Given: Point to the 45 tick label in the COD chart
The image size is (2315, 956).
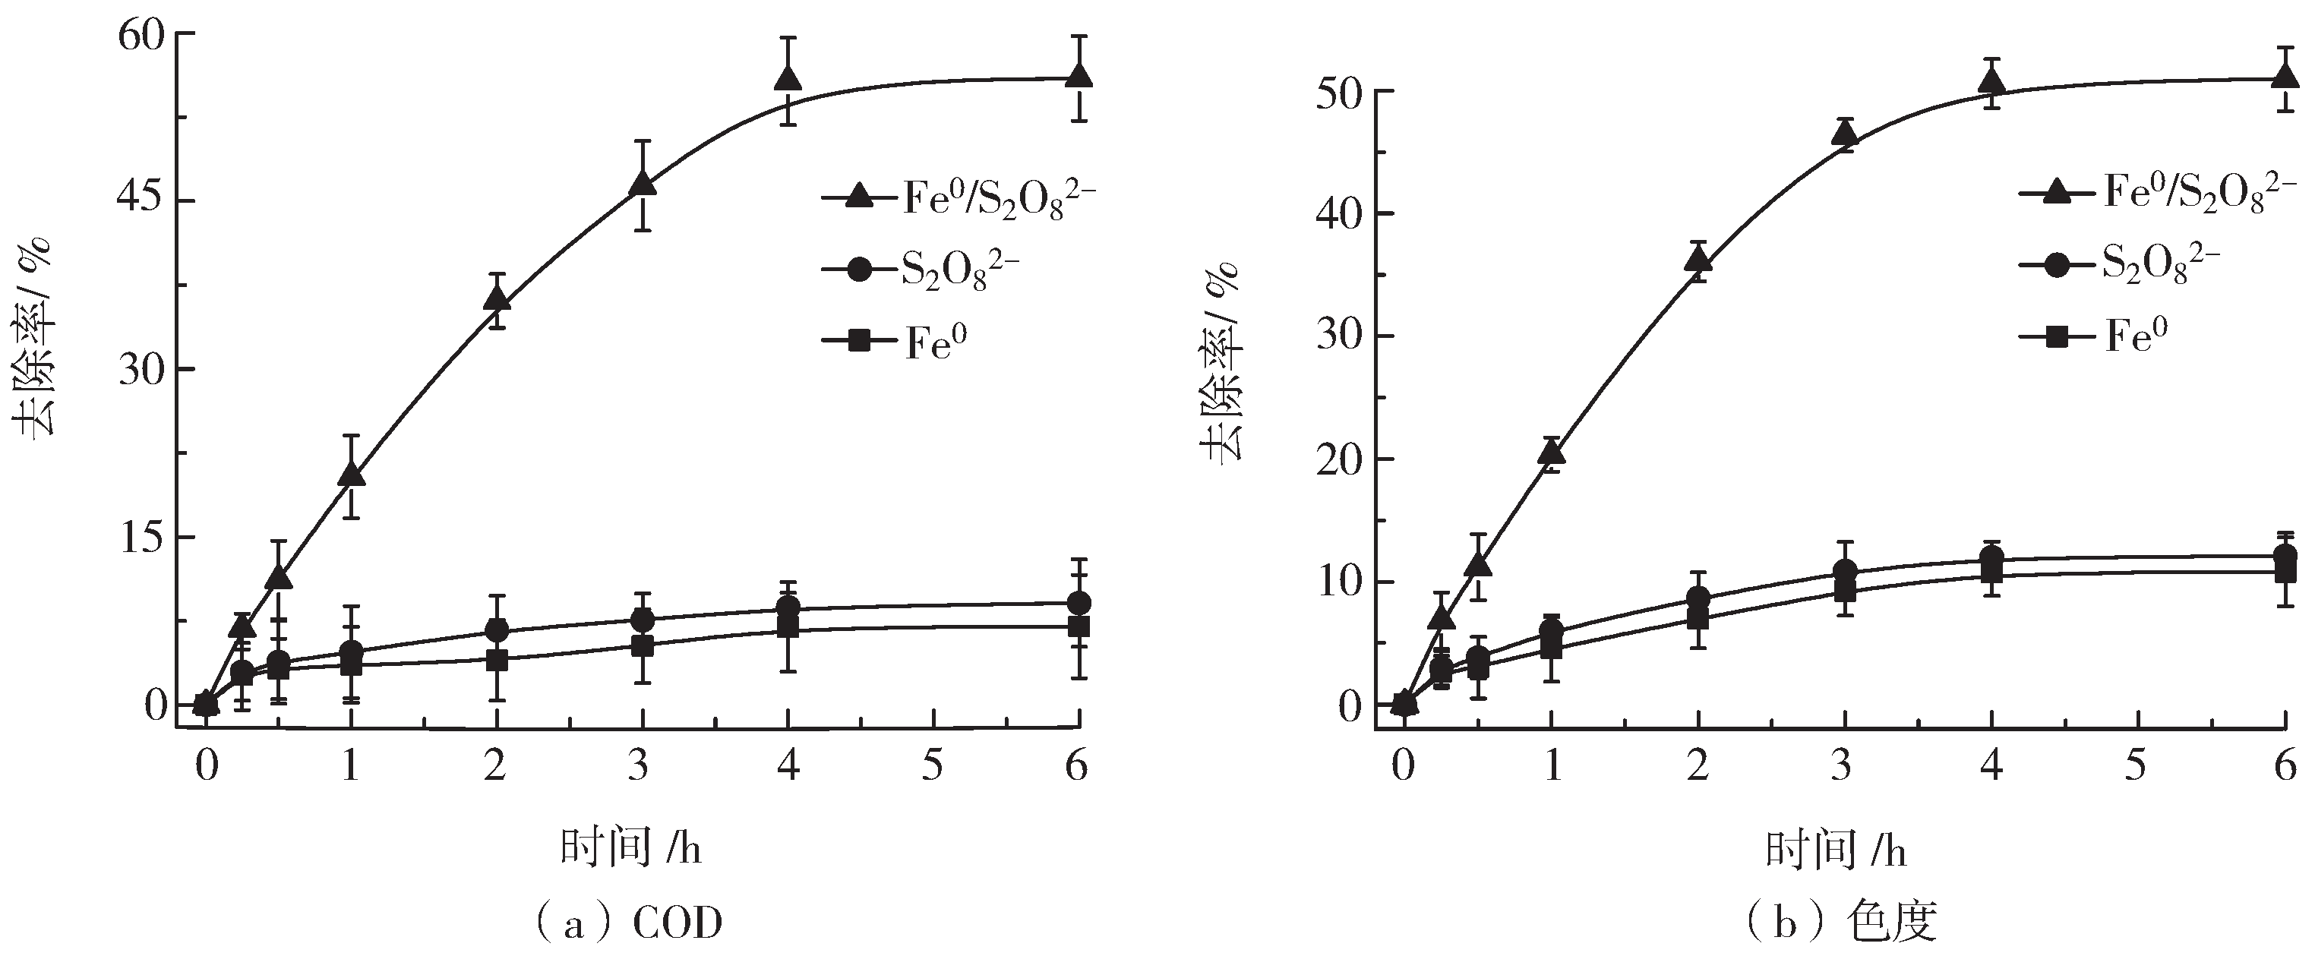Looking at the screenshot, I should tap(144, 201).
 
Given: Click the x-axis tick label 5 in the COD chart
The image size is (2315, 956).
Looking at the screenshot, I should tap(933, 766).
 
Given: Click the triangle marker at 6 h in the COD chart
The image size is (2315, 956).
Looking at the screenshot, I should tap(1079, 75).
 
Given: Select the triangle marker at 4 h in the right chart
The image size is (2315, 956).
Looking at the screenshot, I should tap(1992, 83).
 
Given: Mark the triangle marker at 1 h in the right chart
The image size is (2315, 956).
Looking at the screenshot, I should tap(1551, 451).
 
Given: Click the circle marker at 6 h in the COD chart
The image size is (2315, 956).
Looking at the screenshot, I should tap(1079, 602).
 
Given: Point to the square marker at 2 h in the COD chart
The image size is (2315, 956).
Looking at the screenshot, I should tap(497, 661).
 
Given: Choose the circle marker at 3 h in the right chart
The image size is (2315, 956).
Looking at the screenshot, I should tap(1845, 572).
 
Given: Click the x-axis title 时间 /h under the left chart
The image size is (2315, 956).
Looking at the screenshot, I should tap(631, 847).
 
